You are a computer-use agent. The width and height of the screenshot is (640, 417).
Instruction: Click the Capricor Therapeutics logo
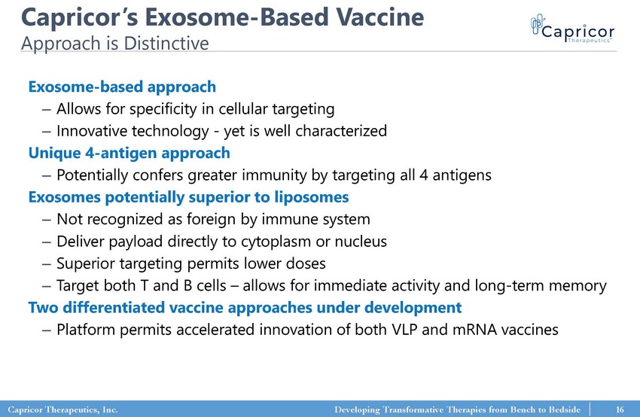pos(573,29)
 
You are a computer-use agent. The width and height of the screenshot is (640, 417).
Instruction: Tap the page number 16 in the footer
pos(620,409)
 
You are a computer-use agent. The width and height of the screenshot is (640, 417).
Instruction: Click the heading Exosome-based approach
pos(122,87)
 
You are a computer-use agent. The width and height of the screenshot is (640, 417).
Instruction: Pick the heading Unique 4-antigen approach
pos(129,153)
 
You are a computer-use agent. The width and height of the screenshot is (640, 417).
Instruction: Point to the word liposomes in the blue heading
pos(312,197)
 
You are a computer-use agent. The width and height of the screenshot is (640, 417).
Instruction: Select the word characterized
pos(341,131)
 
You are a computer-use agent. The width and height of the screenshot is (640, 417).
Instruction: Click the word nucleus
pos(361,242)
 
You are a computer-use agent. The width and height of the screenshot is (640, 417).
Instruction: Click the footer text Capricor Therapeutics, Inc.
pos(62,409)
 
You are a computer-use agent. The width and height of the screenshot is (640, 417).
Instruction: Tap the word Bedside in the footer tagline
pos(564,409)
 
